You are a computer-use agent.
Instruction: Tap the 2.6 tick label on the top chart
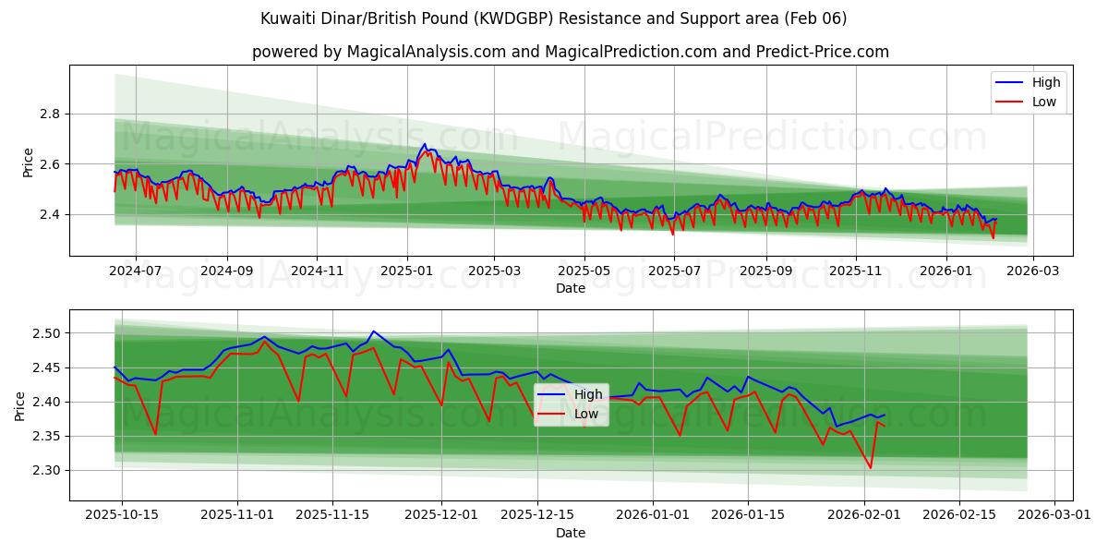coord(48,164)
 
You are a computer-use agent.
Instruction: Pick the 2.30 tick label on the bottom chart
coord(44,471)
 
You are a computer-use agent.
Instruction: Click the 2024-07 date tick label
coord(135,272)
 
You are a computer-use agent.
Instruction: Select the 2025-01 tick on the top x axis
coord(406,272)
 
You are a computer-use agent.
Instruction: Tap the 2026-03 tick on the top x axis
coord(1032,272)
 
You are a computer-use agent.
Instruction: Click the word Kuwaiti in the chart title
coord(287,18)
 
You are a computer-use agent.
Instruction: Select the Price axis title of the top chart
coord(28,163)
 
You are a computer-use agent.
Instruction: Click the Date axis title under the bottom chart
coord(570,533)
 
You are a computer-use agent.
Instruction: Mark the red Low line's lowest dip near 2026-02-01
coord(870,468)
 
